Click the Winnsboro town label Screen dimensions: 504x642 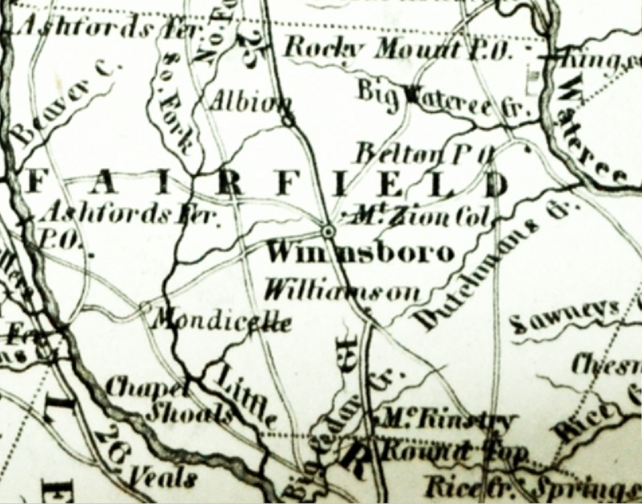click(359, 253)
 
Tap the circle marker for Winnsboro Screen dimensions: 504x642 click(329, 232)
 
